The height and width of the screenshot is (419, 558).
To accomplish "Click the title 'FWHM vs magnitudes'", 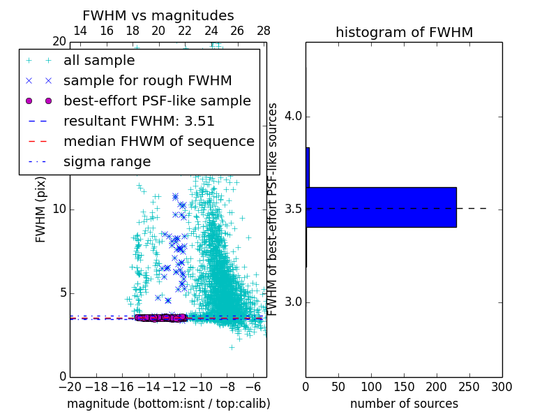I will (158, 15).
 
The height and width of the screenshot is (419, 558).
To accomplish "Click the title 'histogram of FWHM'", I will (404, 32).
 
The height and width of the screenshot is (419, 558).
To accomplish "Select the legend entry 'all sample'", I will (99, 61).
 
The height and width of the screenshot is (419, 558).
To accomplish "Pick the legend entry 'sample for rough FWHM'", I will (147, 80).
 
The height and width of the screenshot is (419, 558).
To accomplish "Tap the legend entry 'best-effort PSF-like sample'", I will (157, 101).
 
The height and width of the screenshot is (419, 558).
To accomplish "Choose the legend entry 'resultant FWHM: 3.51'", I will (139, 121).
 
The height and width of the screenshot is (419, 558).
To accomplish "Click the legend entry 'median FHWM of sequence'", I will (158, 141).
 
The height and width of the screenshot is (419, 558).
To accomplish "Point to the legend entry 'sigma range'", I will (107, 161).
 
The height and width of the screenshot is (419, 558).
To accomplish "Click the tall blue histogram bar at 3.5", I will (381, 207).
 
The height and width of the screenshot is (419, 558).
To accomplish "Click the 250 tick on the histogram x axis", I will (469, 386).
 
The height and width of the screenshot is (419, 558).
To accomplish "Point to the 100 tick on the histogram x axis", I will (371, 386).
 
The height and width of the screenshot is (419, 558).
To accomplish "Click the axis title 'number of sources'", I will (404, 404).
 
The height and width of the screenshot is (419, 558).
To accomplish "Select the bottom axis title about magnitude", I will (168, 404).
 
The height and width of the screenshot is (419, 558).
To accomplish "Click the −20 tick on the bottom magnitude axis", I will (70, 386).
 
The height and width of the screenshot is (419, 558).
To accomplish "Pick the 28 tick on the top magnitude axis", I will (264, 31).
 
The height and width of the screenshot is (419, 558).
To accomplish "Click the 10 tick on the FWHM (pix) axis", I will (60, 209).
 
